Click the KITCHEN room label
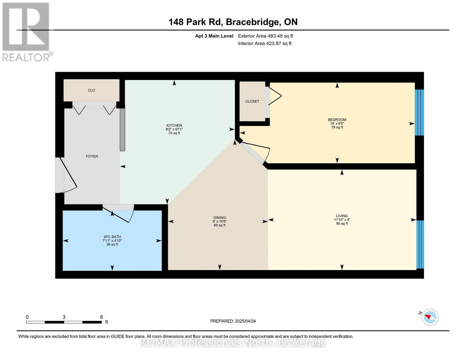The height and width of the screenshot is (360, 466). point(174,126)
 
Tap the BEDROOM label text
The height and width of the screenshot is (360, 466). point(337,120)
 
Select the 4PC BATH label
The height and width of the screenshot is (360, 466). point(112,237)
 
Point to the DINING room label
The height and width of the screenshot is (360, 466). point(219,218)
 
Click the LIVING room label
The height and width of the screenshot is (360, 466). point(342,216)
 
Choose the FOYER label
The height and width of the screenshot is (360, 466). point(92,156)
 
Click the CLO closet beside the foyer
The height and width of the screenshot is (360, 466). point(92,90)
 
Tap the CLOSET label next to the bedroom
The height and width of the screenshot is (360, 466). point(252,101)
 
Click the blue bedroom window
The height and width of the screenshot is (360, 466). point(419,112)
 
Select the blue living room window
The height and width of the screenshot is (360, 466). point(420,244)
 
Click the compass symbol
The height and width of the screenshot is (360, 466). point(430,317)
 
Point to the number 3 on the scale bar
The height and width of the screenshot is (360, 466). point(64,317)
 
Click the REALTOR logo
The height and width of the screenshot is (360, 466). point(26,31)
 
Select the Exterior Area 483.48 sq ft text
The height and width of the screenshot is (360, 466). point(265,36)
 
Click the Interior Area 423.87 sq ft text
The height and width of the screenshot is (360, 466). point(265,43)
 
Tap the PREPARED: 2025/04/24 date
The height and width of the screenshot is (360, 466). point(233,321)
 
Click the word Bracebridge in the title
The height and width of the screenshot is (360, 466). point(252,22)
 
